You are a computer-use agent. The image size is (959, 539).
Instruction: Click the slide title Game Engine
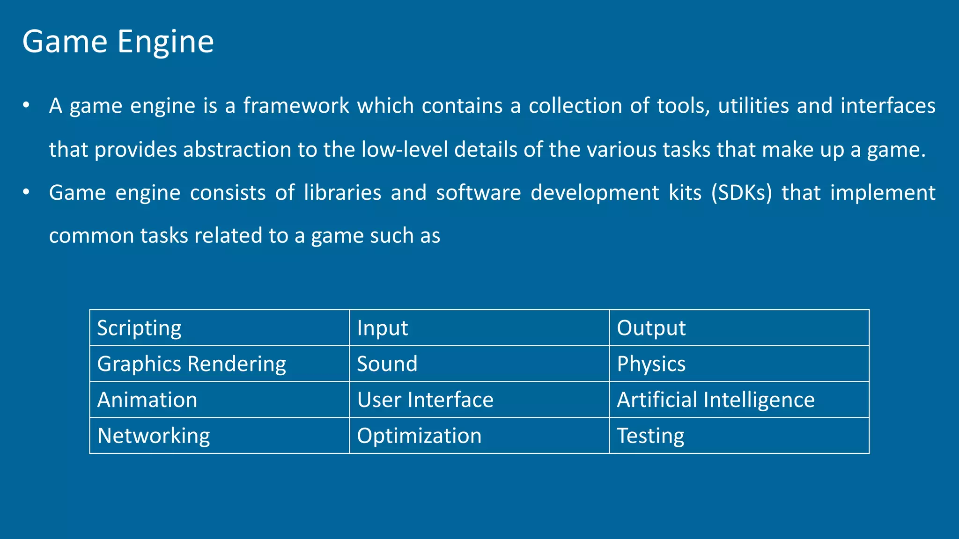point(118,42)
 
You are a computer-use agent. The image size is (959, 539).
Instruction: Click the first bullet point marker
point(26,105)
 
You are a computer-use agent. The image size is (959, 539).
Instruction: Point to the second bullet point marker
point(26,192)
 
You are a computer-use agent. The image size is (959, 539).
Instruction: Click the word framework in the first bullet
point(296,106)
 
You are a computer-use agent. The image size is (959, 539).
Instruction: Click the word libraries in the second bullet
point(343,193)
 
